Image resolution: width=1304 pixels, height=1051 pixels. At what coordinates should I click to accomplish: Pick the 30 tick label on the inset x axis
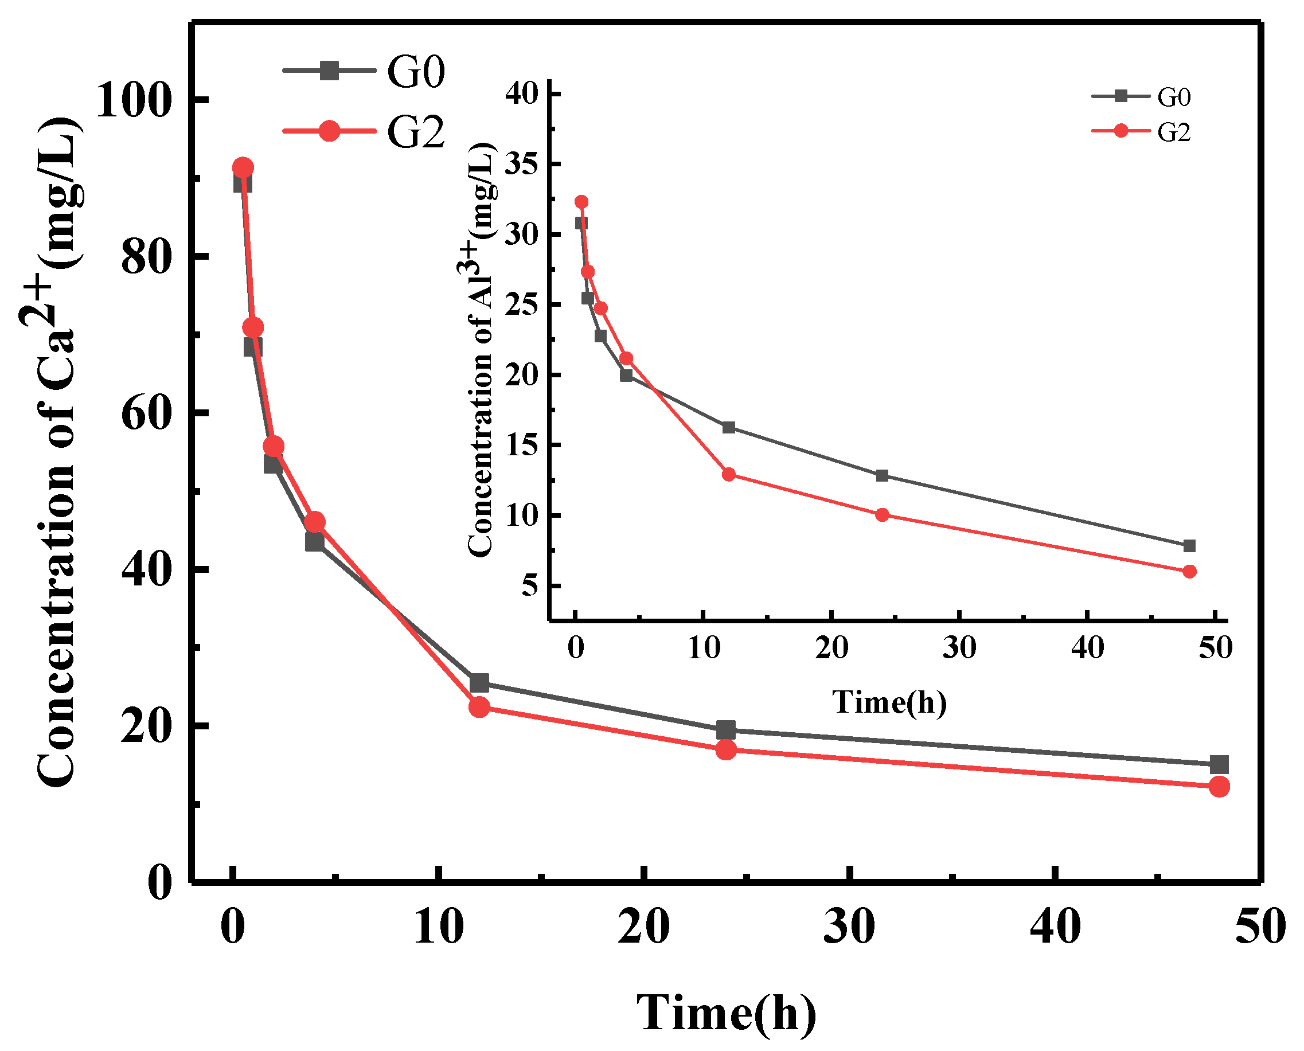[x=959, y=648]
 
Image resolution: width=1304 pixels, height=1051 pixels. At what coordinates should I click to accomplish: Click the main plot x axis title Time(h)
[x=726, y=1013]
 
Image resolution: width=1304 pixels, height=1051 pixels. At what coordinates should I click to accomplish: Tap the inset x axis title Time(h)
[x=889, y=702]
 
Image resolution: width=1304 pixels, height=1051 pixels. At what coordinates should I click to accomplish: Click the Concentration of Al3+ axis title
[x=482, y=350]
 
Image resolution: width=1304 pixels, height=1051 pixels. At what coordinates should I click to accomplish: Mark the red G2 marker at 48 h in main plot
[x=1219, y=787]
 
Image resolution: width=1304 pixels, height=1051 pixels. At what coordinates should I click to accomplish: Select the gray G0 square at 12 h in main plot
[x=479, y=683]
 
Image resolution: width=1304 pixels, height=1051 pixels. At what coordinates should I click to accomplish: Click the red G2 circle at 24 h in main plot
[x=726, y=750]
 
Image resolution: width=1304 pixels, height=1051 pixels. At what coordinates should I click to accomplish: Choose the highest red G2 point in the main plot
[x=243, y=167]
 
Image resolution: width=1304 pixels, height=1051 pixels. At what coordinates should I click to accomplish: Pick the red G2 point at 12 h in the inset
[x=729, y=475]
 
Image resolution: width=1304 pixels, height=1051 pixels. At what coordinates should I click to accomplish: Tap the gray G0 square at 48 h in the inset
[x=1189, y=546]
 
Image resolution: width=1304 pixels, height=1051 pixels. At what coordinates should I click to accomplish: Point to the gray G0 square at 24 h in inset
[x=882, y=476]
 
